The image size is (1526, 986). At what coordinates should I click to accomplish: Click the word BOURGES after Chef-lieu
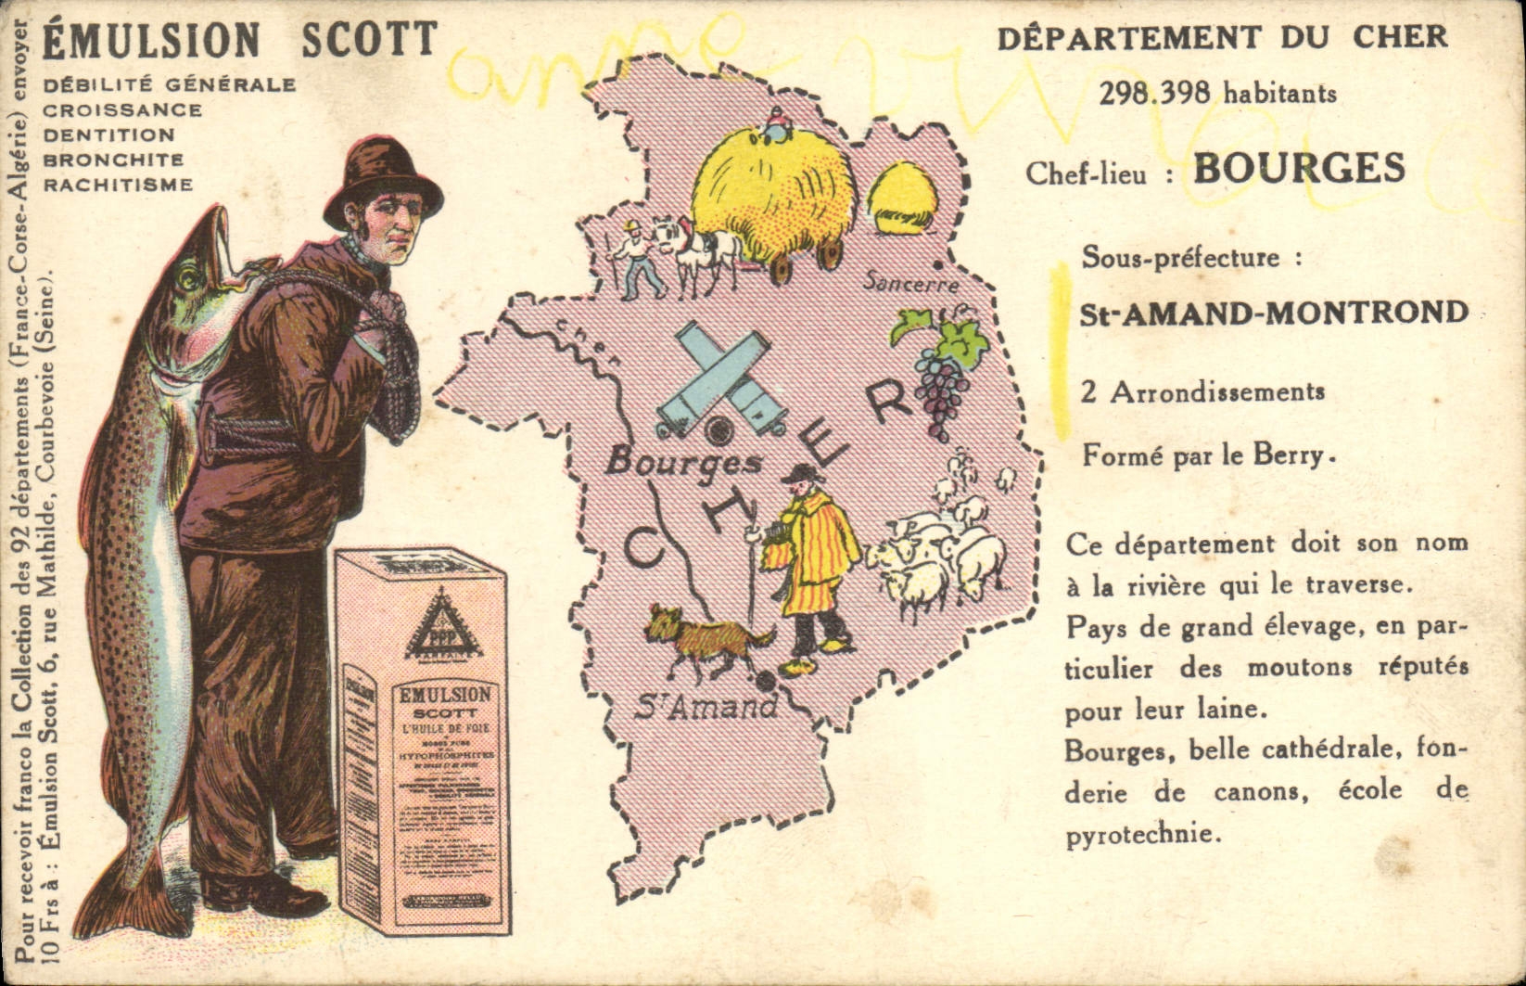pos(1298,169)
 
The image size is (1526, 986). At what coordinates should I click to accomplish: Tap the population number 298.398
pos(1156,93)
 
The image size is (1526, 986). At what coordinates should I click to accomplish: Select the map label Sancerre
pos(910,283)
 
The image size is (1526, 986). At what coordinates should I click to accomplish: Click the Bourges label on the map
pos(683,461)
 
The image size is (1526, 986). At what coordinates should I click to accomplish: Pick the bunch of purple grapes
pos(942,390)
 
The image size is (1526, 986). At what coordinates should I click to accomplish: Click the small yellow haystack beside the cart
pos(903,197)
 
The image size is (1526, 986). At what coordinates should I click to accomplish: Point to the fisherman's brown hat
pos(382,183)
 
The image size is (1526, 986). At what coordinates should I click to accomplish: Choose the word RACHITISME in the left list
pos(119,185)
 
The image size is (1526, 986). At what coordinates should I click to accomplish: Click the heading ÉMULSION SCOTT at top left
pos(240,39)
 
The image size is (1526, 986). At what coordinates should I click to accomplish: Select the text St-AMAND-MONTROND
pos(1274,313)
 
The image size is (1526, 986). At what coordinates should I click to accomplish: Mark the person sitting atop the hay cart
pos(773,124)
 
